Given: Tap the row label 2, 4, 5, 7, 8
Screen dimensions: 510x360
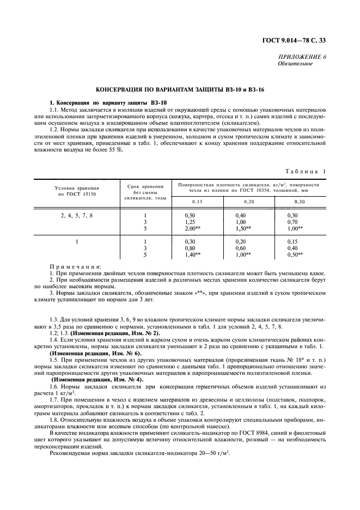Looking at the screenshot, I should click(x=76, y=216).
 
